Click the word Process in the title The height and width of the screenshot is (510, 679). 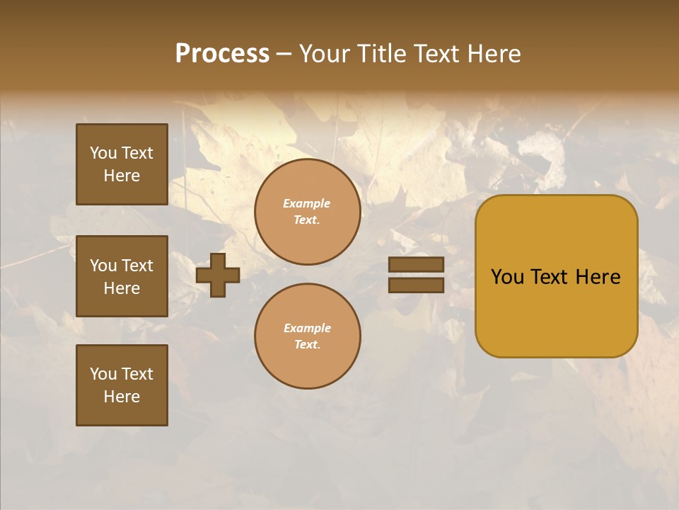tap(222, 54)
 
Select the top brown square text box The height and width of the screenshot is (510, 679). tap(122, 164)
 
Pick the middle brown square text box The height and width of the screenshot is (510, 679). tap(122, 276)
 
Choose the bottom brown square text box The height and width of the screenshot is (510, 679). tap(122, 385)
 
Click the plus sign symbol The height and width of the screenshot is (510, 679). tap(218, 275)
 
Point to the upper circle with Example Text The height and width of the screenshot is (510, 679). tap(307, 212)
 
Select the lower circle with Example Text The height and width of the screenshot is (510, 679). tap(307, 336)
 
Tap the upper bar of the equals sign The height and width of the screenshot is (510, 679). tap(417, 265)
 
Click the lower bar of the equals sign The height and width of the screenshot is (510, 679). tap(417, 285)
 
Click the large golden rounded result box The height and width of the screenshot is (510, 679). tap(556, 312)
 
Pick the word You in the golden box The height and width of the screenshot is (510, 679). tap(507, 277)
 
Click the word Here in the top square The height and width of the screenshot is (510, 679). tap(122, 176)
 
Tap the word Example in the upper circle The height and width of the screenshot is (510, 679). tap(307, 204)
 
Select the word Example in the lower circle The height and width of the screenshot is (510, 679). tap(307, 329)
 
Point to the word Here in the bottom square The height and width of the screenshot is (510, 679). tap(122, 397)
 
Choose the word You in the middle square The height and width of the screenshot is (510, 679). tap(103, 266)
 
